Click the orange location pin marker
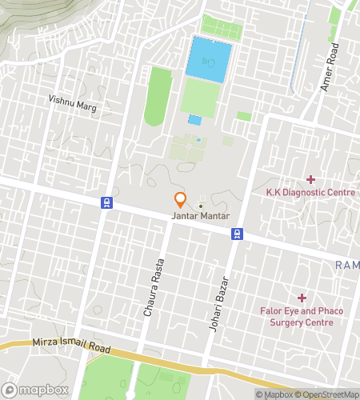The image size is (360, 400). [x=181, y=200]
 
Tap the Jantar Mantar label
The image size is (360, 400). [x=200, y=216]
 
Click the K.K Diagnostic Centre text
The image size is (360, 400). [x=310, y=192]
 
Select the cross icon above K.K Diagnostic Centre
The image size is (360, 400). [x=310, y=179]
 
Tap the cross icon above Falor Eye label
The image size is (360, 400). [x=302, y=298]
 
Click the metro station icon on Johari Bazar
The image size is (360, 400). [x=237, y=234]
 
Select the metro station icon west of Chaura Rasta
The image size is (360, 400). [x=106, y=203]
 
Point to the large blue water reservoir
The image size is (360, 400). [x=210, y=58]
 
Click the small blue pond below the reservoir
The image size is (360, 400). [x=194, y=120]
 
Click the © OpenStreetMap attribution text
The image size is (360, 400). [x=327, y=394]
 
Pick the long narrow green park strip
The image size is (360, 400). [x=158, y=96]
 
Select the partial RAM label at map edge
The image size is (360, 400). [x=347, y=265]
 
